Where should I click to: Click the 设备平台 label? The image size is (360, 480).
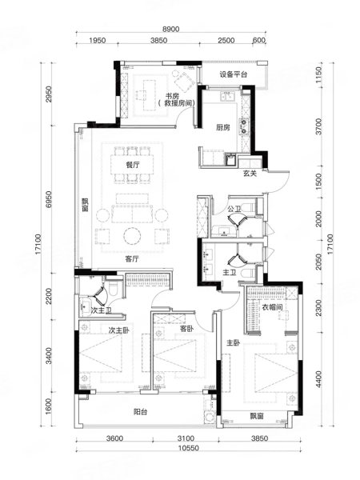[x=234, y=74]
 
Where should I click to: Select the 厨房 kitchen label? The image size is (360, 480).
[x=223, y=127]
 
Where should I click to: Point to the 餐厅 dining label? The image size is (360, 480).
[x=133, y=165]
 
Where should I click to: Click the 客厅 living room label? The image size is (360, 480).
[x=132, y=259]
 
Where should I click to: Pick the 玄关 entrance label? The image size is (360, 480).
[x=250, y=174]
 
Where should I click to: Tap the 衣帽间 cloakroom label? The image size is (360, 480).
[x=272, y=307]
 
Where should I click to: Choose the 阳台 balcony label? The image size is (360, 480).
[x=141, y=412]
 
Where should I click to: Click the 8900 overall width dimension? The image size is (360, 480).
[x=171, y=29]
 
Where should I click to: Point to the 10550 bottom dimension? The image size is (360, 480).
[x=188, y=448]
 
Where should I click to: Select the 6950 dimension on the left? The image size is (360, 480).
[x=49, y=199]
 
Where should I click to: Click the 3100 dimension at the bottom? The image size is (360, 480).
[x=186, y=438]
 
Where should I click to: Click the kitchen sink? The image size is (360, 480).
[x=227, y=97]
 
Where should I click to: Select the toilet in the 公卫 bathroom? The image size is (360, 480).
[x=249, y=207]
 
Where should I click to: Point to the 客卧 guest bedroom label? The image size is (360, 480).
[x=186, y=329]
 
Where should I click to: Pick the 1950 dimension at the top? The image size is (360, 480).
[x=98, y=41]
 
